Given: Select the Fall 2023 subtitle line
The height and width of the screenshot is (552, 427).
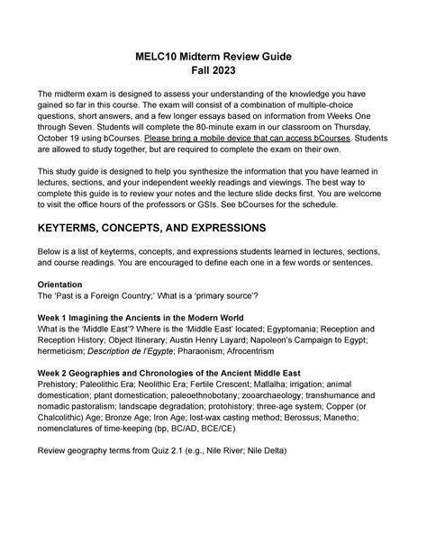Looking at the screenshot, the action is pyautogui.click(x=213, y=75).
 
